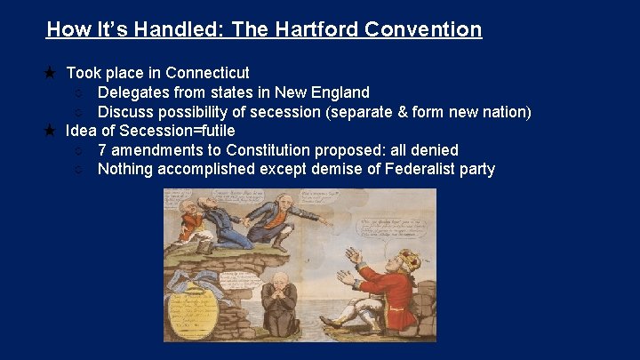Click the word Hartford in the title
click(314, 29)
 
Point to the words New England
click(322, 92)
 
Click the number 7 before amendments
click(102, 150)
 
